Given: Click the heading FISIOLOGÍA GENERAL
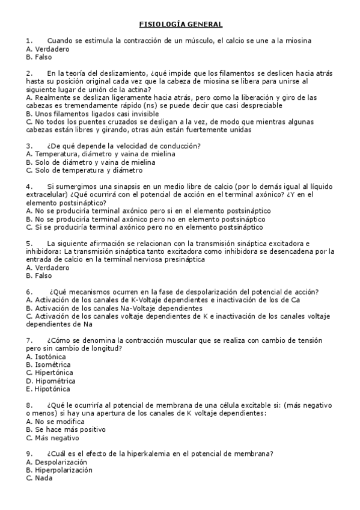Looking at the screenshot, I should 181,24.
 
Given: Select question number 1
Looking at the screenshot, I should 29,40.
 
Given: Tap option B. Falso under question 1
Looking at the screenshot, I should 39,57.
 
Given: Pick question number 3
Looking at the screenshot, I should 29,146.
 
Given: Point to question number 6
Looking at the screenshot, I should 29,292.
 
